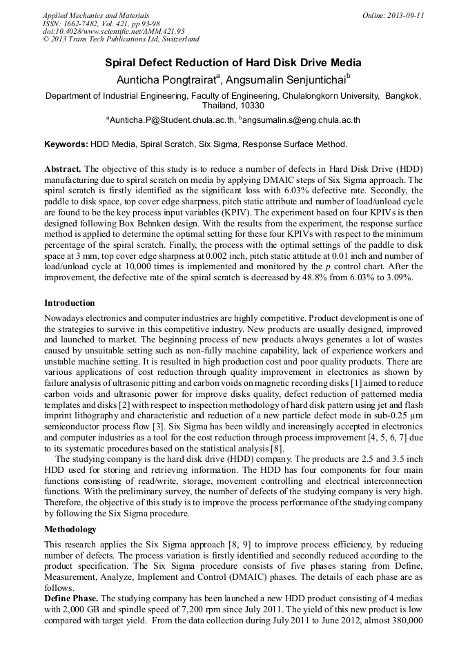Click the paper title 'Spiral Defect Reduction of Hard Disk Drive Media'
233,63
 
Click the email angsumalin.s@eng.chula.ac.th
302,120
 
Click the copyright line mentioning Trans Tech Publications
121,40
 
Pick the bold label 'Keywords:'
66,145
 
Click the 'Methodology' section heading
70,529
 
